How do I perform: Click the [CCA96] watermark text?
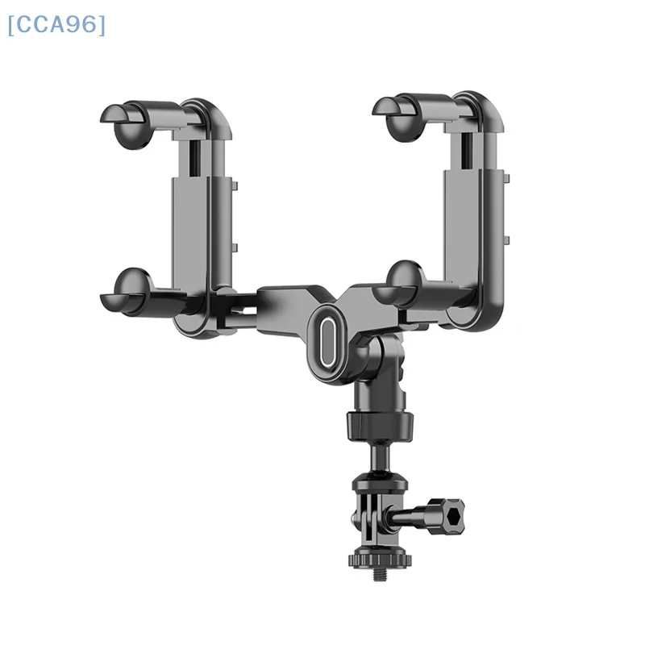[56, 25]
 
